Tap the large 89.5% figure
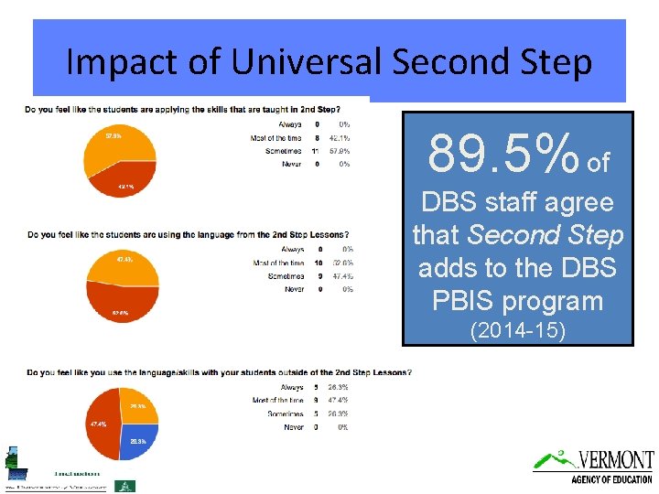point(503,153)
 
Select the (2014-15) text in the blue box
point(517,330)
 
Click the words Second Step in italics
point(545,235)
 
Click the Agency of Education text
point(611,478)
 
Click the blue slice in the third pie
point(138,440)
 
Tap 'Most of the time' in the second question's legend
point(278,263)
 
